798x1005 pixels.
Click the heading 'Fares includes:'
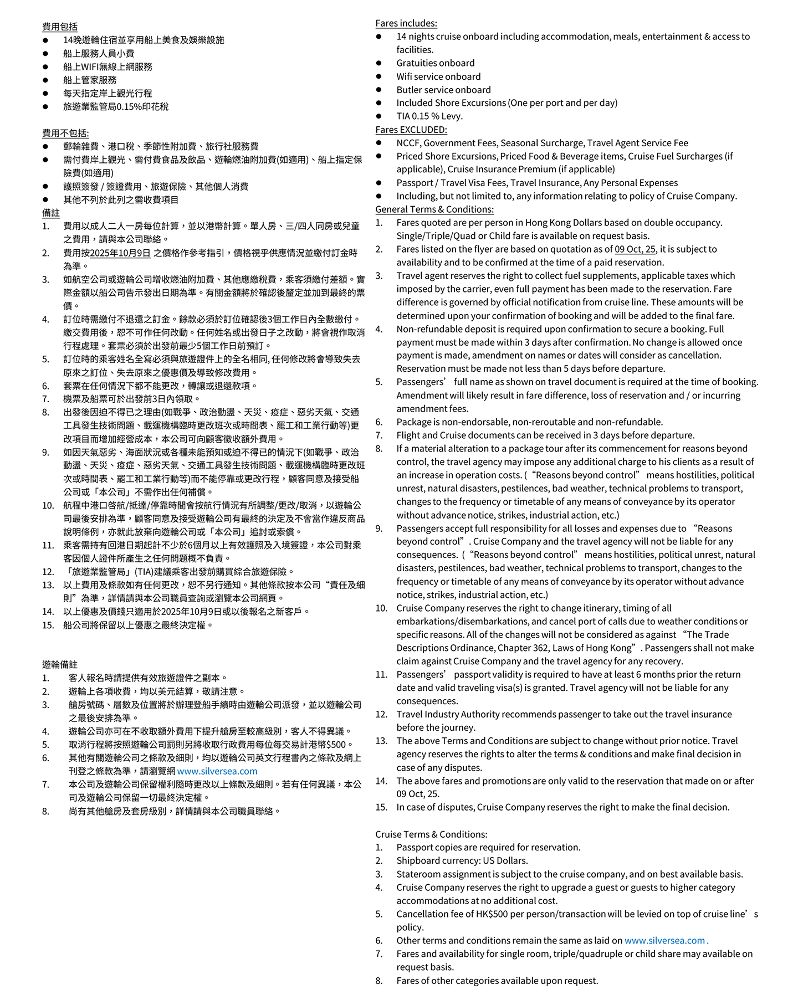[406, 23]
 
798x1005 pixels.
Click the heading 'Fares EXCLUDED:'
[411, 130]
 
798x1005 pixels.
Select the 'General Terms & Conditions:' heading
[434, 209]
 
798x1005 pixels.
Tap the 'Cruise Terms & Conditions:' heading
[431, 834]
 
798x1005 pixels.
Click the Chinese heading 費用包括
[60, 27]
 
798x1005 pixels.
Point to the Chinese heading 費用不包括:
[65, 133]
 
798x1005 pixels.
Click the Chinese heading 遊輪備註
[60, 665]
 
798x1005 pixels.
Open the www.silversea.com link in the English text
[664, 941]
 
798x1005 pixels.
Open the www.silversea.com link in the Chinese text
[217, 771]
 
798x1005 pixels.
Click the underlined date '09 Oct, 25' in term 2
[635, 249]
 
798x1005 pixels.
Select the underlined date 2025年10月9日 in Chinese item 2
[120, 253]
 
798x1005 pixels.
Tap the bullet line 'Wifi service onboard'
[438, 76]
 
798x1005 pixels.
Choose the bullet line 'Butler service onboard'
[443, 90]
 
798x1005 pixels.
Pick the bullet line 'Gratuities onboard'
[435, 63]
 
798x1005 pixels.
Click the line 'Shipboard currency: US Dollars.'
[462, 861]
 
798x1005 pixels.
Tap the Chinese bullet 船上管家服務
[90, 80]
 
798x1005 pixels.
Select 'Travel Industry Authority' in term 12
[455, 715]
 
